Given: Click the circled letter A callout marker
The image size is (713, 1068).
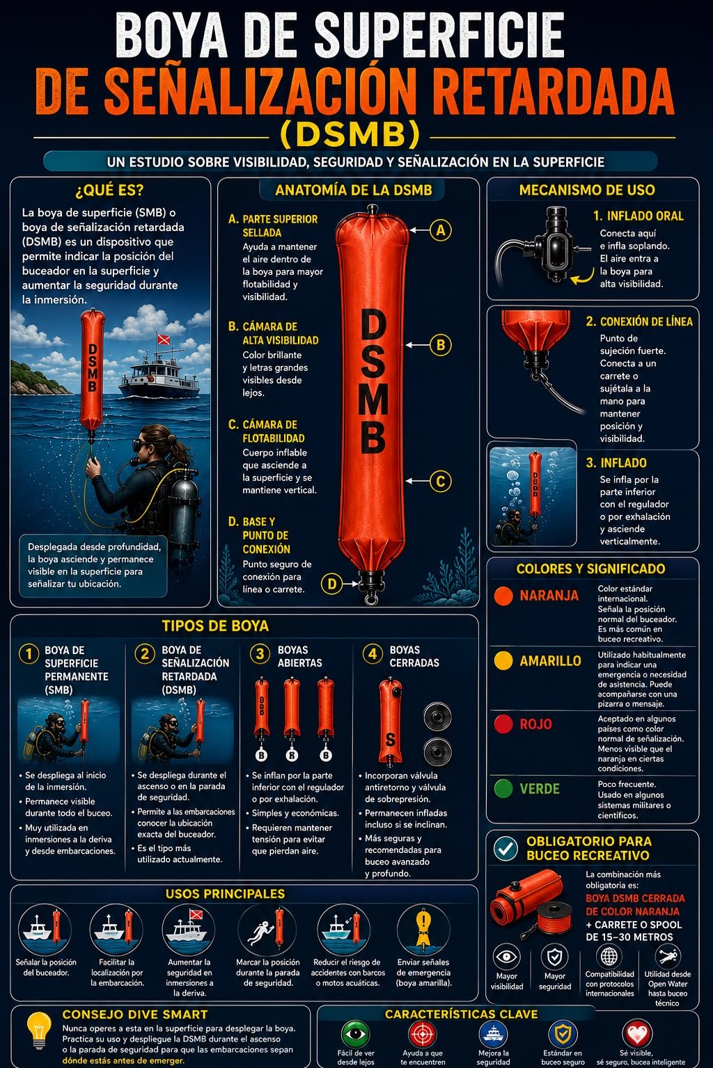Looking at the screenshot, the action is click(441, 230).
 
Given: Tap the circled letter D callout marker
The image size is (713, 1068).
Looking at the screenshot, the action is click(332, 583).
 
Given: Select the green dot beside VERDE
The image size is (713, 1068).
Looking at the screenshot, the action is click(503, 788).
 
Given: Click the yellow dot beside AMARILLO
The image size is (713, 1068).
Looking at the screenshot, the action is click(503, 661).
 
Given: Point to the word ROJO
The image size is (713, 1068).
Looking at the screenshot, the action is click(535, 724).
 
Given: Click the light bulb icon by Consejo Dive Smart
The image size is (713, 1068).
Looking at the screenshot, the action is click(39, 1029).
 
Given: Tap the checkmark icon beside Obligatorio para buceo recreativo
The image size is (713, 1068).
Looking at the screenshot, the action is click(506, 848).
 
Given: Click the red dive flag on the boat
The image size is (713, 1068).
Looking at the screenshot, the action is click(164, 340).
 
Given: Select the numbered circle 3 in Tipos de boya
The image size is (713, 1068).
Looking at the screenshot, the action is click(260, 654).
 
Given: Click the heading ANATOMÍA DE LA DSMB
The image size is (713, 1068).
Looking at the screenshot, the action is click(354, 190).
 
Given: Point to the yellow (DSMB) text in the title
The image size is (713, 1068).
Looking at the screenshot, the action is click(350, 134).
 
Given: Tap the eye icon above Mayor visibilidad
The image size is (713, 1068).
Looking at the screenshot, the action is click(506, 957).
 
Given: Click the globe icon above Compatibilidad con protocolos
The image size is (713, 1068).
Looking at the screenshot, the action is click(609, 956).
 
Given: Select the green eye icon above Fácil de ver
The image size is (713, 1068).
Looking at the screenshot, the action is click(356, 1034).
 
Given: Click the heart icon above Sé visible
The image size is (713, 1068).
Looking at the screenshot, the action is click(637, 1034).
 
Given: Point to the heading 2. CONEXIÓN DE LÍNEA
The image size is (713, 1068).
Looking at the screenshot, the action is click(639, 322).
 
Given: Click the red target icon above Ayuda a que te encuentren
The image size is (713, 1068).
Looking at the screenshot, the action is click(423, 1034).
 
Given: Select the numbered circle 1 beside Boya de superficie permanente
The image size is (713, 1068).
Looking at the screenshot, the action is click(29, 654).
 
